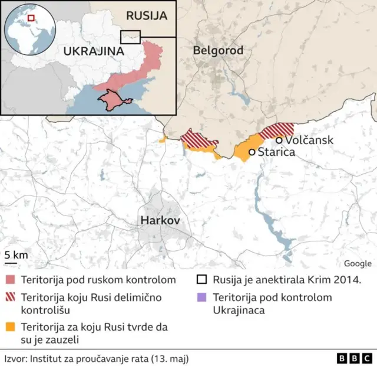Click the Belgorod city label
click(218, 51)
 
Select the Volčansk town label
click(309, 140)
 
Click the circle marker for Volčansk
click(279, 140)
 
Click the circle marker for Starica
click(252, 152)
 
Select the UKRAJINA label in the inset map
click(94, 51)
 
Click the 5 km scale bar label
click(15, 254)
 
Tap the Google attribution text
click(358, 263)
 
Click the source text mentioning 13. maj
click(97, 358)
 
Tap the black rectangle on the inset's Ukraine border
click(130, 37)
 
